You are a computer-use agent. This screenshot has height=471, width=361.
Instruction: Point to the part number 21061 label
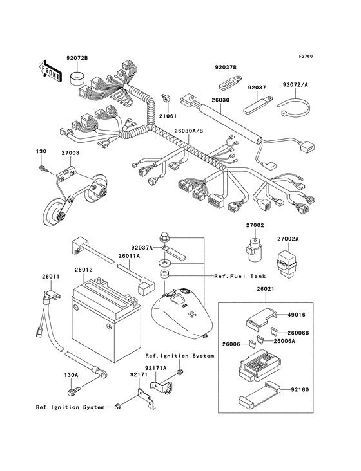[x=168, y=116]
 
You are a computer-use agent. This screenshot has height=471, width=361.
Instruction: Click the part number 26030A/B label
[x=187, y=132]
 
